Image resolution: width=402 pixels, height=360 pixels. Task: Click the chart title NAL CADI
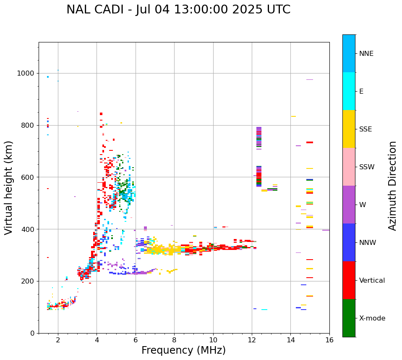point(178,10)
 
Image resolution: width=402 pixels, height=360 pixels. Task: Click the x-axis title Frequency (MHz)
point(183,350)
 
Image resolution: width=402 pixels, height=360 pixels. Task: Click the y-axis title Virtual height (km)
point(9,188)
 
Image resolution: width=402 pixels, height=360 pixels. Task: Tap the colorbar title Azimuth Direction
point(392,186)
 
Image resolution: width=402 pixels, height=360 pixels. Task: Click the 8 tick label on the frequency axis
point(174,340)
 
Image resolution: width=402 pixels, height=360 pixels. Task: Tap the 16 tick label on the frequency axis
point(329,340)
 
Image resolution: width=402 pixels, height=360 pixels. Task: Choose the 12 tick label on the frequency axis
point(252,340)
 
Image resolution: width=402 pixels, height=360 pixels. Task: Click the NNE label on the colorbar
point(366,53)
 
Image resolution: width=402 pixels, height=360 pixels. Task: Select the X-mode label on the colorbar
point(372,318)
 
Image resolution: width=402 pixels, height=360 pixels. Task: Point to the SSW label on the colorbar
point(367,167)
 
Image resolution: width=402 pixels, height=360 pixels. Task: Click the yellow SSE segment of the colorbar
point(349,129)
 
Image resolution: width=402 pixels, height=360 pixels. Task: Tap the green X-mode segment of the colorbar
point(349,318)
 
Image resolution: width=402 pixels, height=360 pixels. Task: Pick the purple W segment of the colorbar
point(349,205)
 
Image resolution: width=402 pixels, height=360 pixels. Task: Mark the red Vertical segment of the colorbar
point(349,280)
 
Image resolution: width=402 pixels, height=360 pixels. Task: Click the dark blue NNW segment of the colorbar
point(349,242)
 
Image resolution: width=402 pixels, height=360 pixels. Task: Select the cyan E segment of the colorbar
point(349,91)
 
